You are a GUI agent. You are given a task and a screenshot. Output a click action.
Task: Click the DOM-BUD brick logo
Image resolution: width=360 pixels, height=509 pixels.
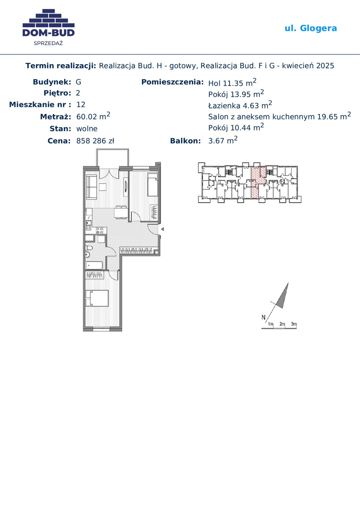click(x=49, y=27)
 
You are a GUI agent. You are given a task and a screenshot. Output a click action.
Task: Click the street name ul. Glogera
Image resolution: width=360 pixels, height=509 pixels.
click(x=311, y=29)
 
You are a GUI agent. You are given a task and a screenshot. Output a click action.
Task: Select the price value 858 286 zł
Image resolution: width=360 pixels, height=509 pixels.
click(x=95, y=141)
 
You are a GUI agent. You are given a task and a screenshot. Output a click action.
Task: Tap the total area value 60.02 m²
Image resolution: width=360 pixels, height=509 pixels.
click(x=93, y=116)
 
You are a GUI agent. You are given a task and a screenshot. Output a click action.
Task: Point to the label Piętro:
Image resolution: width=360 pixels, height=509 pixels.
click(x=57, y=93)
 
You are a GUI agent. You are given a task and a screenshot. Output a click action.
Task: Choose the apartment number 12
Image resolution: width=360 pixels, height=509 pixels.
click(x=81, y=105)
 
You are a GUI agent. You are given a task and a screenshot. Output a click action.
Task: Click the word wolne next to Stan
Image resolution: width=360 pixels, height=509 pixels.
click(x=87, y=129)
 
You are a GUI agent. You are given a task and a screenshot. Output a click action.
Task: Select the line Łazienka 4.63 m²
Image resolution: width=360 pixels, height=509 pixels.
click(x=240, y=105)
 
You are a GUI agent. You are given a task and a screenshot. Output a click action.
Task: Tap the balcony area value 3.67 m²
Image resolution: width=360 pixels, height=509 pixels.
click(x=223, y=140)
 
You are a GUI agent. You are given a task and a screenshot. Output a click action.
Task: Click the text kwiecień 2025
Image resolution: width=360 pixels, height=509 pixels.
click(x=308, y=66)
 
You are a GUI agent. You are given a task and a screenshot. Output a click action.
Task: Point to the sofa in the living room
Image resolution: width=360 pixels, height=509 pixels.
click(x=91, y=187)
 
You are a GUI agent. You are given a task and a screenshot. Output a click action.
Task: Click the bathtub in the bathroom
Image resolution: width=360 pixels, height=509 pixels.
click(x=94, y=265)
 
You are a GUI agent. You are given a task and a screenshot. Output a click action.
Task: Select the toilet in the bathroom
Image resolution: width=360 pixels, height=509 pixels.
click(x=89, y=248)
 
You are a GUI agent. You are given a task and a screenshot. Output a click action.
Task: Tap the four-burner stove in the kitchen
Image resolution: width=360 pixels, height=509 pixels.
click(x=99, y=231)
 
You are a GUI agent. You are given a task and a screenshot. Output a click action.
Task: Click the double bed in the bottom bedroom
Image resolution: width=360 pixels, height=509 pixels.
click(x=97, y=298)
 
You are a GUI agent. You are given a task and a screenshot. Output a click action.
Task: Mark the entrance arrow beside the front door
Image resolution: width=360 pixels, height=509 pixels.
click(x=162, y=229)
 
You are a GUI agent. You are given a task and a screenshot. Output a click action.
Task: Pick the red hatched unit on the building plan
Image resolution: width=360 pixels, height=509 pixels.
click(x=255, y=182)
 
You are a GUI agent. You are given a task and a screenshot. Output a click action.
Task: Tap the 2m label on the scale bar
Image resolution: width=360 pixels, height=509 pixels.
click(x=282, y=324)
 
